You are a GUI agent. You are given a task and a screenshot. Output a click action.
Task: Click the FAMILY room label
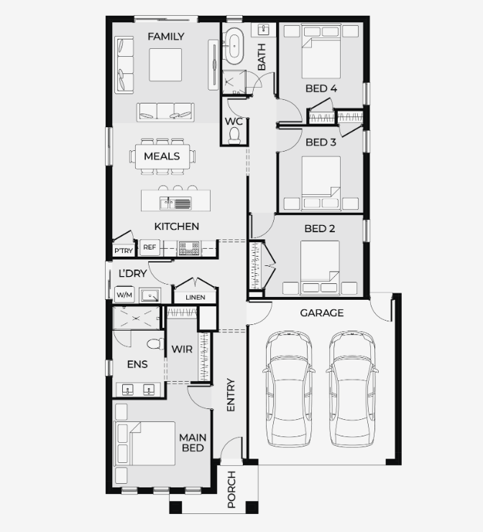(166, 36)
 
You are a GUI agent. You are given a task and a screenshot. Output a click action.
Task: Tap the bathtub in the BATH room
(234, 46)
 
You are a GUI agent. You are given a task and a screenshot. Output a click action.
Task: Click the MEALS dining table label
(162, 156)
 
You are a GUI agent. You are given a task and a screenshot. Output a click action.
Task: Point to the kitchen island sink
(175, 203)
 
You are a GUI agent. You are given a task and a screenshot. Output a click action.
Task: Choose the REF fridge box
(149, 247)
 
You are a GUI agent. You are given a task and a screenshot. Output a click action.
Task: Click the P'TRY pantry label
(124, 251)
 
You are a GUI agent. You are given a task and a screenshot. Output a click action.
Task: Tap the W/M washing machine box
(124, 295)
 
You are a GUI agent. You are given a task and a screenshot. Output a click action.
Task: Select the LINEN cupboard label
(195, 297)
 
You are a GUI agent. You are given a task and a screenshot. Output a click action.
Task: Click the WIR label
(182, 349)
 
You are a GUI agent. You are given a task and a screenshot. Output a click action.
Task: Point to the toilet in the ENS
(155, 344)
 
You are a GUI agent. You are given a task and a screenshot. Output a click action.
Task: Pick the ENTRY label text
(231, 395)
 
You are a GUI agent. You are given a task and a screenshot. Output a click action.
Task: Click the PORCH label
(231, 489)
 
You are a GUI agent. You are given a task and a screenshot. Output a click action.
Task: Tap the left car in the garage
(289, 389)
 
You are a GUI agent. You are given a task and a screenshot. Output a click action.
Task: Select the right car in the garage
(352, 389)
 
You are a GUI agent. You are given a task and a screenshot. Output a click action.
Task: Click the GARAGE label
(321, 313)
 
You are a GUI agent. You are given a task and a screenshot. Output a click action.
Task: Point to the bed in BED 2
(320, 267)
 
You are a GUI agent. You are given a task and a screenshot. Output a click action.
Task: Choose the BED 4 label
(321, 88)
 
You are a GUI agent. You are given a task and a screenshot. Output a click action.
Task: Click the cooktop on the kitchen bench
(189, 248)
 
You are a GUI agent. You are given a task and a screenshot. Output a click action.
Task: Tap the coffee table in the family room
(165, 65)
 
